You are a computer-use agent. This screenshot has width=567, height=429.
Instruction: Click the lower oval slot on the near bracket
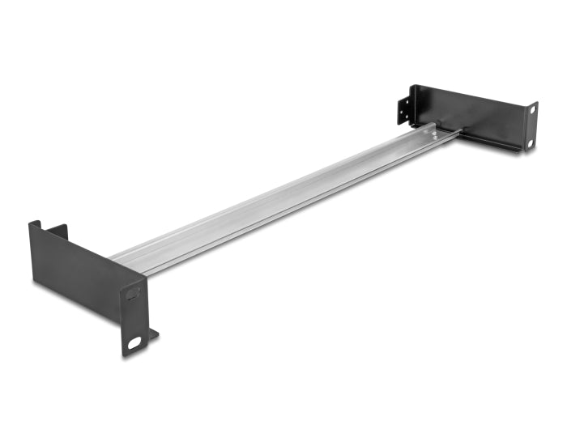134,342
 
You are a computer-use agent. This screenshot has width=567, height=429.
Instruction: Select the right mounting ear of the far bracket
530,126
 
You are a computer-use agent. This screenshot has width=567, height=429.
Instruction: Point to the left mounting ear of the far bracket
403,109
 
